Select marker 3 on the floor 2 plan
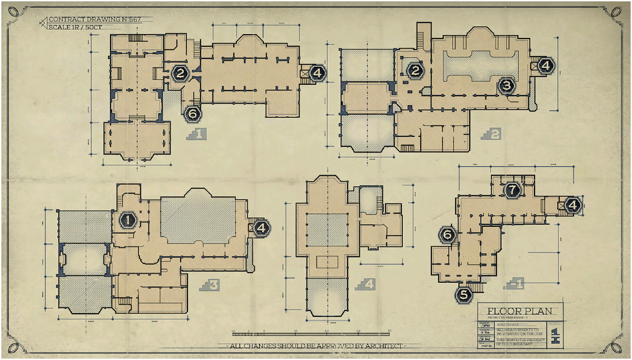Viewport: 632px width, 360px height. (x=507, y=84)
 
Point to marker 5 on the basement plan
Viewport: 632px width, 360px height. (x=464, y=295)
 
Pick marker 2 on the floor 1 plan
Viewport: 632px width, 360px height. (x=180, y=73)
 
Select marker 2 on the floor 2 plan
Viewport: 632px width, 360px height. (x=416, y=70)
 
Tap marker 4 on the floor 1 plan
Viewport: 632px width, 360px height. (x=317, y=73)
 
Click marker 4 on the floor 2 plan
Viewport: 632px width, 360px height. (x=546, y=66)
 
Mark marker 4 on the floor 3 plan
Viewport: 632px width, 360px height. (x=261, y=227)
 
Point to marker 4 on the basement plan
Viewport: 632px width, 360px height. (x=574, y=205)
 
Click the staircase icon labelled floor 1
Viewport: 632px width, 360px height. (x=196, y=134)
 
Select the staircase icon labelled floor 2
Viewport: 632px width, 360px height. (x=491, y=134)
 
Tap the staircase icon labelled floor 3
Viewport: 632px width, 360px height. (x=210, y=285)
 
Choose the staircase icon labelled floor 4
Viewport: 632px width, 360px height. (x=366, y=285)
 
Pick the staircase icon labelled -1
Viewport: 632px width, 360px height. (x=514, y=285)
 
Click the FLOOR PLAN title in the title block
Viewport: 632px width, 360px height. (x=520, y=311)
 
